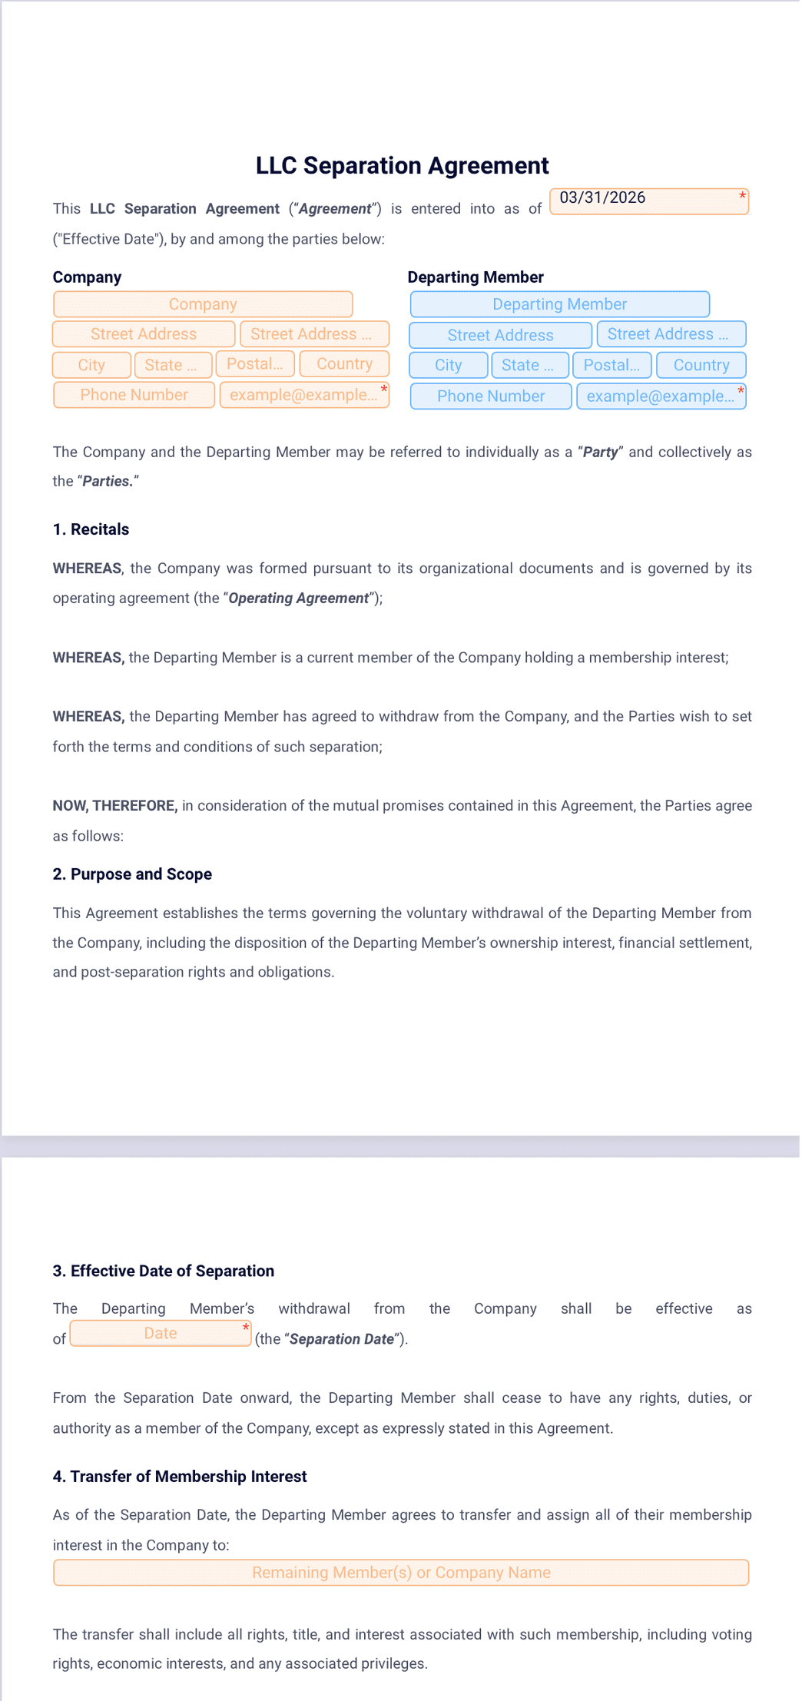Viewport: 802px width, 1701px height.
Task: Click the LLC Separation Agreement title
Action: click(x=402, y=166)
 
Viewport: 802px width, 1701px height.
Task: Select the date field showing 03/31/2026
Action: click(x=648, y=201)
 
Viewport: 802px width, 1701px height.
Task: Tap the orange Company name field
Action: click(x=203, y=304)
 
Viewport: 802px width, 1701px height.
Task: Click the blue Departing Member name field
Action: click(x=559, y=304)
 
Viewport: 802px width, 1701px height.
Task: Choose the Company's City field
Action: click(x=91, y=365)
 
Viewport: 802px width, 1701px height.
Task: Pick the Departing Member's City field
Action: click(x=448, y=365)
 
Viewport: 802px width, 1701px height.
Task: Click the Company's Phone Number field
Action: click(x=134, y=395)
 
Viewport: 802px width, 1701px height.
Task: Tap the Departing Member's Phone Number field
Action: click(x=491, y=396)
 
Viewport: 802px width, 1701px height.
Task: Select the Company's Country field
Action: click(x=344, y=364)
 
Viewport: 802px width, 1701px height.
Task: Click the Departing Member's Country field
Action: click(x=701, y=365)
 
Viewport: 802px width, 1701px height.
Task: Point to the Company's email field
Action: click(x=304, y=395)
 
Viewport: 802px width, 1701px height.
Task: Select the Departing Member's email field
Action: click(x=661, y=396)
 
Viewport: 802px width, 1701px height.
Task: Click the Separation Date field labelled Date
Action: click(x=161, y=1333)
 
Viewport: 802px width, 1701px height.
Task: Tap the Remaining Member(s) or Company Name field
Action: click(x=401, y=1572)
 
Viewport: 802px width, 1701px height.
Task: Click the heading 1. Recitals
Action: click(x=91, y=529)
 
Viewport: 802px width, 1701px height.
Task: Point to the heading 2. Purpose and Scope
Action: click(x=132, y=874)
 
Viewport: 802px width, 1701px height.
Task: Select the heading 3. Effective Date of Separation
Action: click(x=163, y=1271)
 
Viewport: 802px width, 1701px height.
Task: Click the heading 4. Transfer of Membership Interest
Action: click(x=180, y=1476)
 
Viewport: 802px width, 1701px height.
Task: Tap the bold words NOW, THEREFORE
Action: click(x=115, y=806)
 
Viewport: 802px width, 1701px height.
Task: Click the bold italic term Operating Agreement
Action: click(x=298, y=598)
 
